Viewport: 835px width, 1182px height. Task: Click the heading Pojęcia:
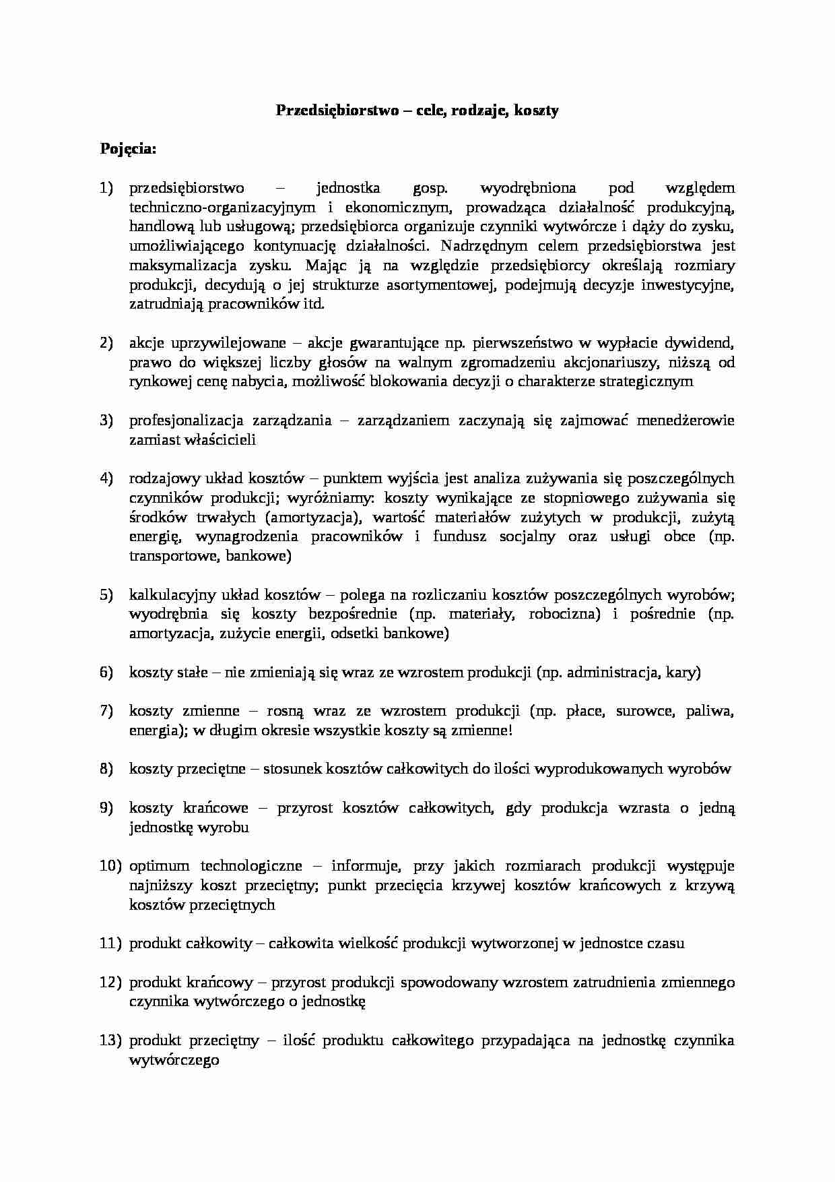tap(128, 149)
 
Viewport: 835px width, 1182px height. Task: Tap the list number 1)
tap(107, 188)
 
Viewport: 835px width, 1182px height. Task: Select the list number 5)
tap(107, 595)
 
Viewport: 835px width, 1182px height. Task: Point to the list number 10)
tap(110, 867)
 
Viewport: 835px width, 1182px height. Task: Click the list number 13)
tap(110, 1041)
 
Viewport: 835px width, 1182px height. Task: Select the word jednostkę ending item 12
tap(333, 1002)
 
